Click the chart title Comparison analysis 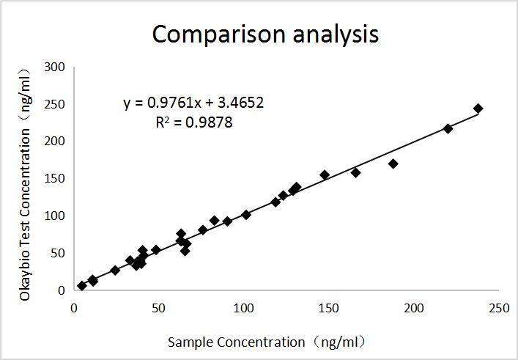pyautogui.click(x=264, y=34)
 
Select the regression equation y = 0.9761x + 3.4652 pyautogui.click(x=193, y=103)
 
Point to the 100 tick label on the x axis pyautogui.click(x=243, y=307)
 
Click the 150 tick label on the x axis pyautogui.click(x=329, y=307)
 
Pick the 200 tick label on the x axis pyautogui.click(x=415, y=307)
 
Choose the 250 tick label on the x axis pyautogui.click(x=500, y=307)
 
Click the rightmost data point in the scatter pyautogui.click(x=478, y=109)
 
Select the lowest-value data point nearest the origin pyautogui.click(x=81, y=285)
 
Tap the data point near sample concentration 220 pyautogui.click(x=448, y=128)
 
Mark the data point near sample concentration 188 pyautogui.click(x=393, y=164)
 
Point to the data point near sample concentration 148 pyautogui.click(x=325, y=175)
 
